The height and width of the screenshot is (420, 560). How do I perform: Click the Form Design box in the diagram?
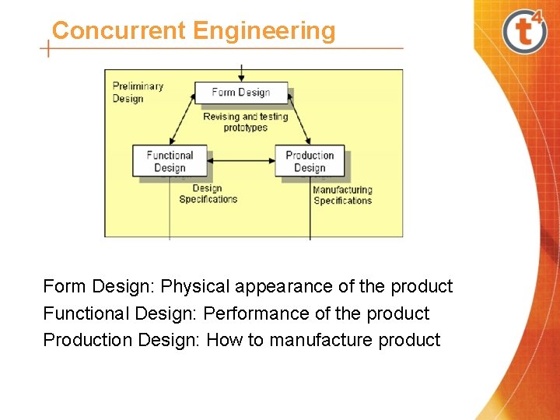pos(241,93)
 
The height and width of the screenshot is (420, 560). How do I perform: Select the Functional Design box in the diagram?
pos(170,161)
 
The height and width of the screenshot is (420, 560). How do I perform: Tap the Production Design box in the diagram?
pos(310,161)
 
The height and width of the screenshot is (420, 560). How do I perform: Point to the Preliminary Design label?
pos(137,92)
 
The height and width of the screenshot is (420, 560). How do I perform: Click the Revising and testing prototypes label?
pos(245,122)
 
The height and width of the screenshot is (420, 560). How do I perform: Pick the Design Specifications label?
pos(208,194)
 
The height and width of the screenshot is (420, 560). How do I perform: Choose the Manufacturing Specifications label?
pos(342,194)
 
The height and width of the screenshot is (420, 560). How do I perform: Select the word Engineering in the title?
pos(264,31)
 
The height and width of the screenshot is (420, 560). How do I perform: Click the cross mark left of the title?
pos(48,49)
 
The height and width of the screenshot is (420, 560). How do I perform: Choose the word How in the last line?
pos(224,340)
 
